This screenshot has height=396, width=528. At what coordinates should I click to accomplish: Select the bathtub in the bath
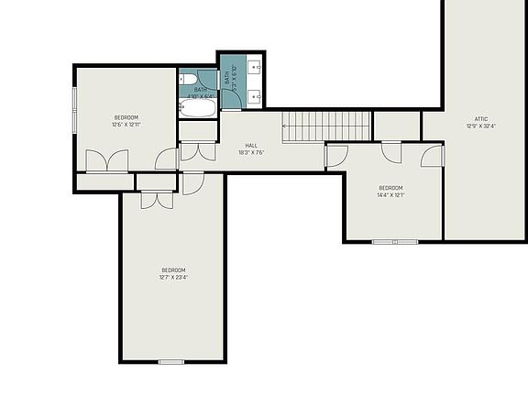197,109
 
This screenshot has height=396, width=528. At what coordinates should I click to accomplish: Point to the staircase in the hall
326,126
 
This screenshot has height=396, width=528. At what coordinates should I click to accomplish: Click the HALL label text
252,145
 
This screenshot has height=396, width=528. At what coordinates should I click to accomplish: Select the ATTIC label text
480,118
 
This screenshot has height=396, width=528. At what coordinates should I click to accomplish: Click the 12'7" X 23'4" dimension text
173,277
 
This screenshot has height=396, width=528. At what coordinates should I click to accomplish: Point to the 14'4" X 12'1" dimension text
390,194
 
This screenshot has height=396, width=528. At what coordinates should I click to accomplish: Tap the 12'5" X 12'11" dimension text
126,125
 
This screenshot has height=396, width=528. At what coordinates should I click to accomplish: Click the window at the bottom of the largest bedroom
171,362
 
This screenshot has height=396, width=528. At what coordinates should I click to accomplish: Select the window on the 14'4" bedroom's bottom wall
395,241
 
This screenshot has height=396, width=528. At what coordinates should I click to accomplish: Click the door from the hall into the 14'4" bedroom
336,155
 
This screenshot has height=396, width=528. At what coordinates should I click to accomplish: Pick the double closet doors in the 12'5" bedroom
106,161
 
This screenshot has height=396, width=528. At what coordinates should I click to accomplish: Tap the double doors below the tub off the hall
197,151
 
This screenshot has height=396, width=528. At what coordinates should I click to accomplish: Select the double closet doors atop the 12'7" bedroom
157,199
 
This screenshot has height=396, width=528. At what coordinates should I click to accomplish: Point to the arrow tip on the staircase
284,126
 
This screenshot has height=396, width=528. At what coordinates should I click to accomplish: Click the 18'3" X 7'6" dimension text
252,153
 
